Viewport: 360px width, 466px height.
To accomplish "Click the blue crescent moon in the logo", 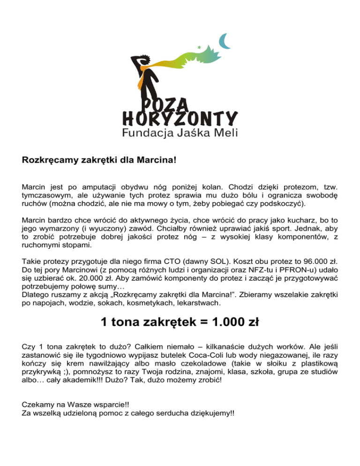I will click(x=226, y=41).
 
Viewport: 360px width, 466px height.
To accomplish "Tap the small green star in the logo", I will click(x=200, y=48).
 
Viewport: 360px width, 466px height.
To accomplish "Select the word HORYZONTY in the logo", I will click(x=180, y=118).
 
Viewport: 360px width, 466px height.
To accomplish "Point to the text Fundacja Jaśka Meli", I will click(x=180, y=132).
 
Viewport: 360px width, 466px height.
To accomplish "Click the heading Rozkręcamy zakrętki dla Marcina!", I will click(x=99, y=159).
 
